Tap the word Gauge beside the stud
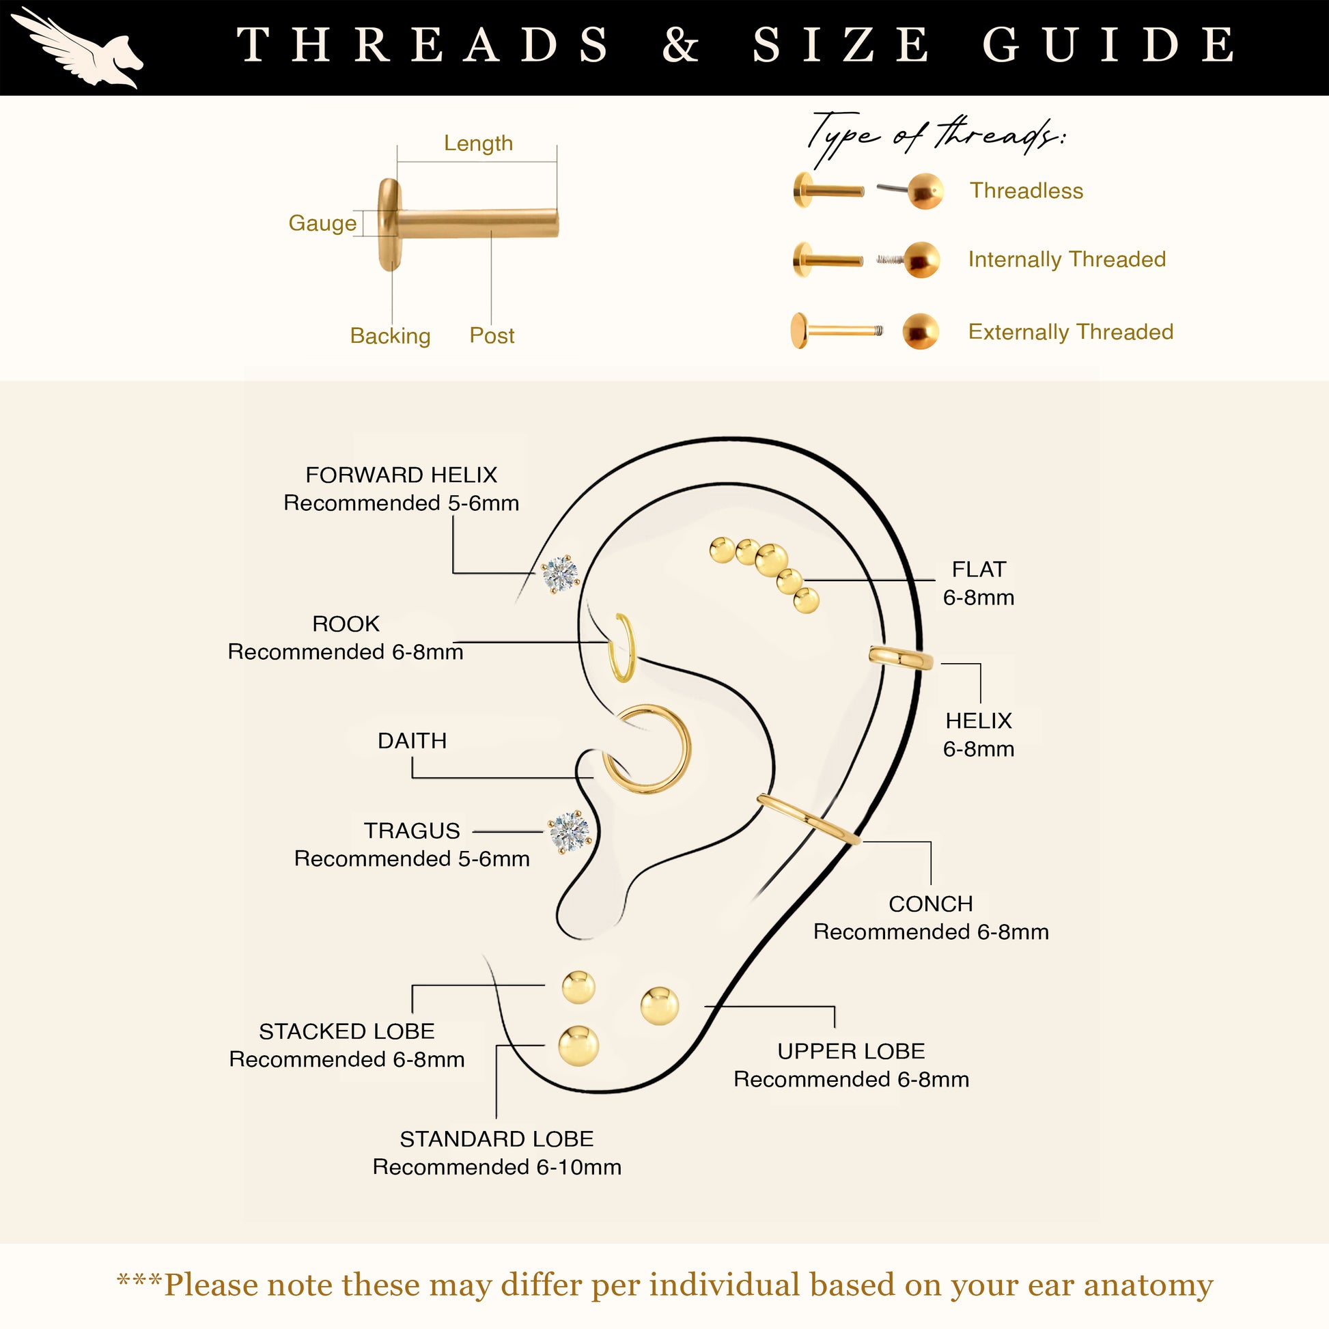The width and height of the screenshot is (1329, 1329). (322, 223)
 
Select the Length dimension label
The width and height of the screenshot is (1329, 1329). (478, 143)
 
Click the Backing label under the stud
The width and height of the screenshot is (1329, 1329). (390, 336)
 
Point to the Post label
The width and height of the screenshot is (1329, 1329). (492, 336)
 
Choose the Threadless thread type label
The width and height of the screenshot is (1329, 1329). (1026, 191)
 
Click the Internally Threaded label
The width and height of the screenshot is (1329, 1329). (1067, 260)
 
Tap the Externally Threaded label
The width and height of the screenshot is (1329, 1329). (1070, 331)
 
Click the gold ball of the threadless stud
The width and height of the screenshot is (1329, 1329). (925, 191)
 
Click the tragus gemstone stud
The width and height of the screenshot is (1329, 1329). (570, 833)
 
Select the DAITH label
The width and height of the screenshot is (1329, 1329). (412, 740)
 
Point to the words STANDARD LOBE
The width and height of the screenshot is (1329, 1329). (496, 1138)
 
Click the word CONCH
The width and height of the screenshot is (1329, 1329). (931, 904)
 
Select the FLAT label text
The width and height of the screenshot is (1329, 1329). (979, 569)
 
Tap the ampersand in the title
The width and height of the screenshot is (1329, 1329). (681, 44)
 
